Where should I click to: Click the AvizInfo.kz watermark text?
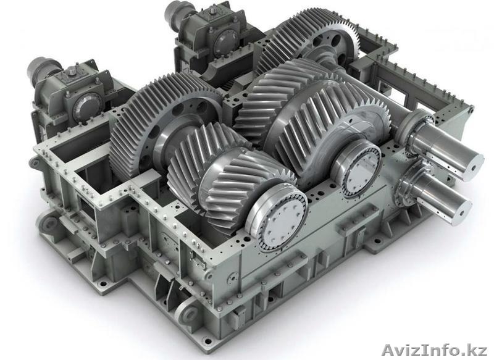click(x=435, y=350)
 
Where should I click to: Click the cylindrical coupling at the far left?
click(x=41, y=71)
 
